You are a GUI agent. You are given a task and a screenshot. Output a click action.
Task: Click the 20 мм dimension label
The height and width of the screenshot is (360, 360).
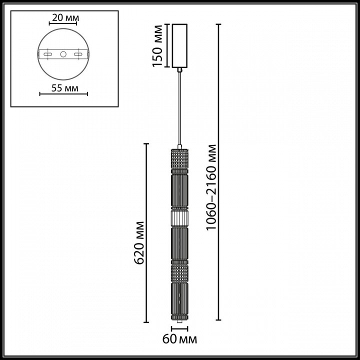point(64,18)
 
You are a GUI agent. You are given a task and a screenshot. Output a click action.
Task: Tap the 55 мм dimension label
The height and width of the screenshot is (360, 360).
point(64,88)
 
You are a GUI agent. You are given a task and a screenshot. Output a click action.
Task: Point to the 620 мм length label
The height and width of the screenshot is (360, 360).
point(140,242)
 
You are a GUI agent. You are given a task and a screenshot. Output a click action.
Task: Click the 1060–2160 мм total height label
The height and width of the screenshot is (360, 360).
point(211,187)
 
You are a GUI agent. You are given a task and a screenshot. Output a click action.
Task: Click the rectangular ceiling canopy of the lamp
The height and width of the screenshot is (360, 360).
point(179,45)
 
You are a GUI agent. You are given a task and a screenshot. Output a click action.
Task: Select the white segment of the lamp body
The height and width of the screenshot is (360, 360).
point(179,218)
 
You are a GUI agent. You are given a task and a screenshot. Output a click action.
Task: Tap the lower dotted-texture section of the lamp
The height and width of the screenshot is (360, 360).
point(179,272)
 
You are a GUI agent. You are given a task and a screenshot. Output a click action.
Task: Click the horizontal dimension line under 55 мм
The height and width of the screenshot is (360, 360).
point(64,93)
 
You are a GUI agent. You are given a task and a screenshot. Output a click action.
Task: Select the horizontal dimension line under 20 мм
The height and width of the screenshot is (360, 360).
point(64,23)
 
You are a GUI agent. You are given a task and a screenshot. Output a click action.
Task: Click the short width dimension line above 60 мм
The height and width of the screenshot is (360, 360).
point(179,329)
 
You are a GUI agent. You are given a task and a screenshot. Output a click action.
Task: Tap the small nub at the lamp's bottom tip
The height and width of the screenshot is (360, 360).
point(179,324)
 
